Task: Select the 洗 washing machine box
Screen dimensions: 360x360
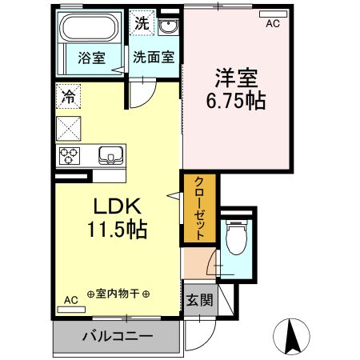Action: pyautogui.click(x=141, y=22)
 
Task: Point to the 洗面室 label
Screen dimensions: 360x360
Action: pyautogui.click(x=154, y=58)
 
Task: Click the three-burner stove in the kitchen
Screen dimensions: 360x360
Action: pyautogui.click(x=67, y=154)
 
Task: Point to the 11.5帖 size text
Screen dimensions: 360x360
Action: pyautogui.click(x=117, y=230)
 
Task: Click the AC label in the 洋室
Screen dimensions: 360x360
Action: pyautogui.click(x=273, y=24)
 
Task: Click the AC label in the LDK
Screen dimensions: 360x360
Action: pyautogui.click(x=70, y=300)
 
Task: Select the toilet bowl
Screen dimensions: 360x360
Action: pyautogui.click(x=235, y=238)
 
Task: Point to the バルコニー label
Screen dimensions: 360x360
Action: pyautogui.click(x=116, y=337)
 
